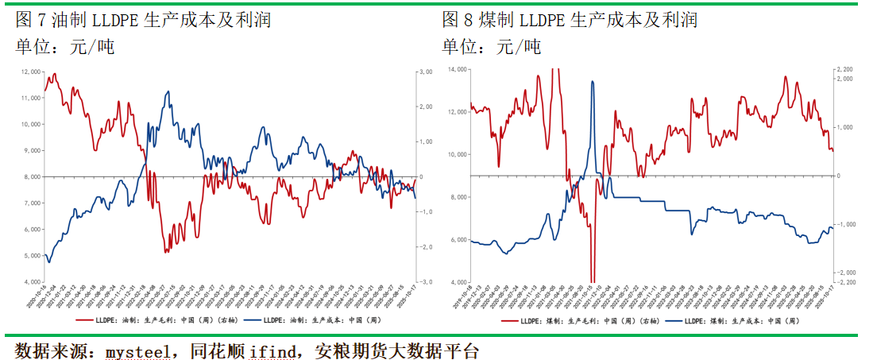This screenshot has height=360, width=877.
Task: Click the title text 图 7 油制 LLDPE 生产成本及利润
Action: (143, 20)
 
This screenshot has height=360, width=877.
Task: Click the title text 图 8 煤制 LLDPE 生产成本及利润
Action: (570, 20)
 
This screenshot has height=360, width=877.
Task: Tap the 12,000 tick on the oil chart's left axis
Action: (31, 72)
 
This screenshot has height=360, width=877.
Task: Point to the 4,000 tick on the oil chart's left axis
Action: (33, 282)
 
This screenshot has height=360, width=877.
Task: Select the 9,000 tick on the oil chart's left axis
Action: (33, 150)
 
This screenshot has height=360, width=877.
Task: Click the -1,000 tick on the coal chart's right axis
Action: (845, 224)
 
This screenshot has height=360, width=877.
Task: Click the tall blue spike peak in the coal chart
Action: (593, 81)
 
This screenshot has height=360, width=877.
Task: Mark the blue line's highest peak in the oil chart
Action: (168, 91)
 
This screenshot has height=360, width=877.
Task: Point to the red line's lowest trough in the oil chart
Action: (165, 252)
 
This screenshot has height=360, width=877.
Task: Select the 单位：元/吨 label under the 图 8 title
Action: (492, 47)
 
